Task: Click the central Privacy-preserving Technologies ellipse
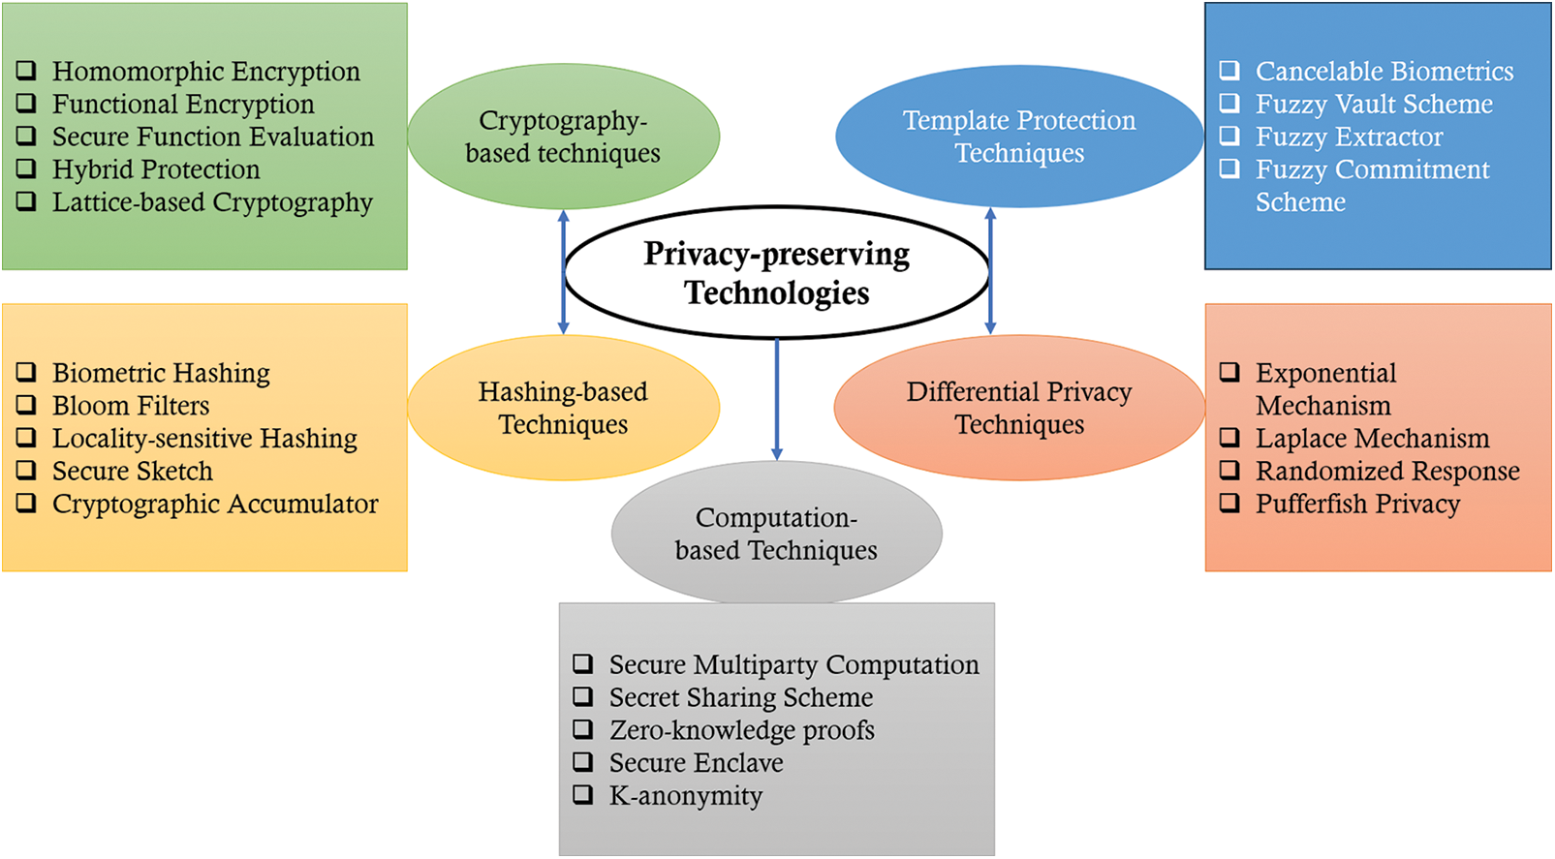point(776,272)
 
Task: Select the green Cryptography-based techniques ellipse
point(563,137)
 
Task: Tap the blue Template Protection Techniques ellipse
point(1019,137)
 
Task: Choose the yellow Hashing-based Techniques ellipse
point(563,408)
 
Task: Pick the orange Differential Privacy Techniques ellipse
point(1019,408)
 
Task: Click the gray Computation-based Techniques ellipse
point(776,534)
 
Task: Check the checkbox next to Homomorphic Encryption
point(27,71)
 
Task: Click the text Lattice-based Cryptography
point(212,202)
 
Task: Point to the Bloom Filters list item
point(131,406)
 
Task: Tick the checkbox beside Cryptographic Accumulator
point(27,503)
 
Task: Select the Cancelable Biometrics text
point(1384,72)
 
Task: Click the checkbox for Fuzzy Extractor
point(1229,136)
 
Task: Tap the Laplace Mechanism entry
point(1372,439)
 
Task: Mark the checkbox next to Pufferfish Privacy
point(1229,503)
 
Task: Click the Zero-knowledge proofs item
point(741,730)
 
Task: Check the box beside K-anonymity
point(583,795)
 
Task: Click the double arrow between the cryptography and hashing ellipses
point(563,272)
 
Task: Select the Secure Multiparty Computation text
point(793,665)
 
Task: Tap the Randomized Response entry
point(1387,472)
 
